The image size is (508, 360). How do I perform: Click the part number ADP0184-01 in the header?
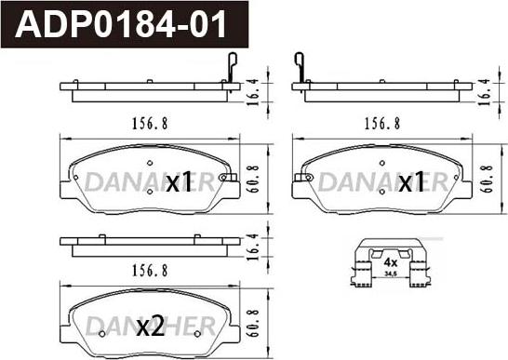pyautogui.click(x=121, y=24)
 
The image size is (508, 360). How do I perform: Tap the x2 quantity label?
pyautogui.click(x=151, y=327)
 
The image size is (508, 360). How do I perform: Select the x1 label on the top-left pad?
pyautogui.click(x=180, y=181)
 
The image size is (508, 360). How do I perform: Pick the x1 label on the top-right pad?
pyautogui.click(x=411, y=181)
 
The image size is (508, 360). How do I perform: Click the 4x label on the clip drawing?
pyautogui.click(x=390, y=261)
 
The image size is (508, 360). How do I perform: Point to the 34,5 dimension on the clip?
pyautogui.click(x=391, y=274)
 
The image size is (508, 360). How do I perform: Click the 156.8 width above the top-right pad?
pyautogui.click(x=382, y=124)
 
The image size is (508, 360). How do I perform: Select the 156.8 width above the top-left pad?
pyautogui.click(x=150, y=124)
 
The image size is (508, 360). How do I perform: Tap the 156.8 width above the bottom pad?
pyautogui.click(x=150, y=271)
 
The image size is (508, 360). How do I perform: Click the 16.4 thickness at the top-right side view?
pyautogui.click(x=485, y=91)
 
